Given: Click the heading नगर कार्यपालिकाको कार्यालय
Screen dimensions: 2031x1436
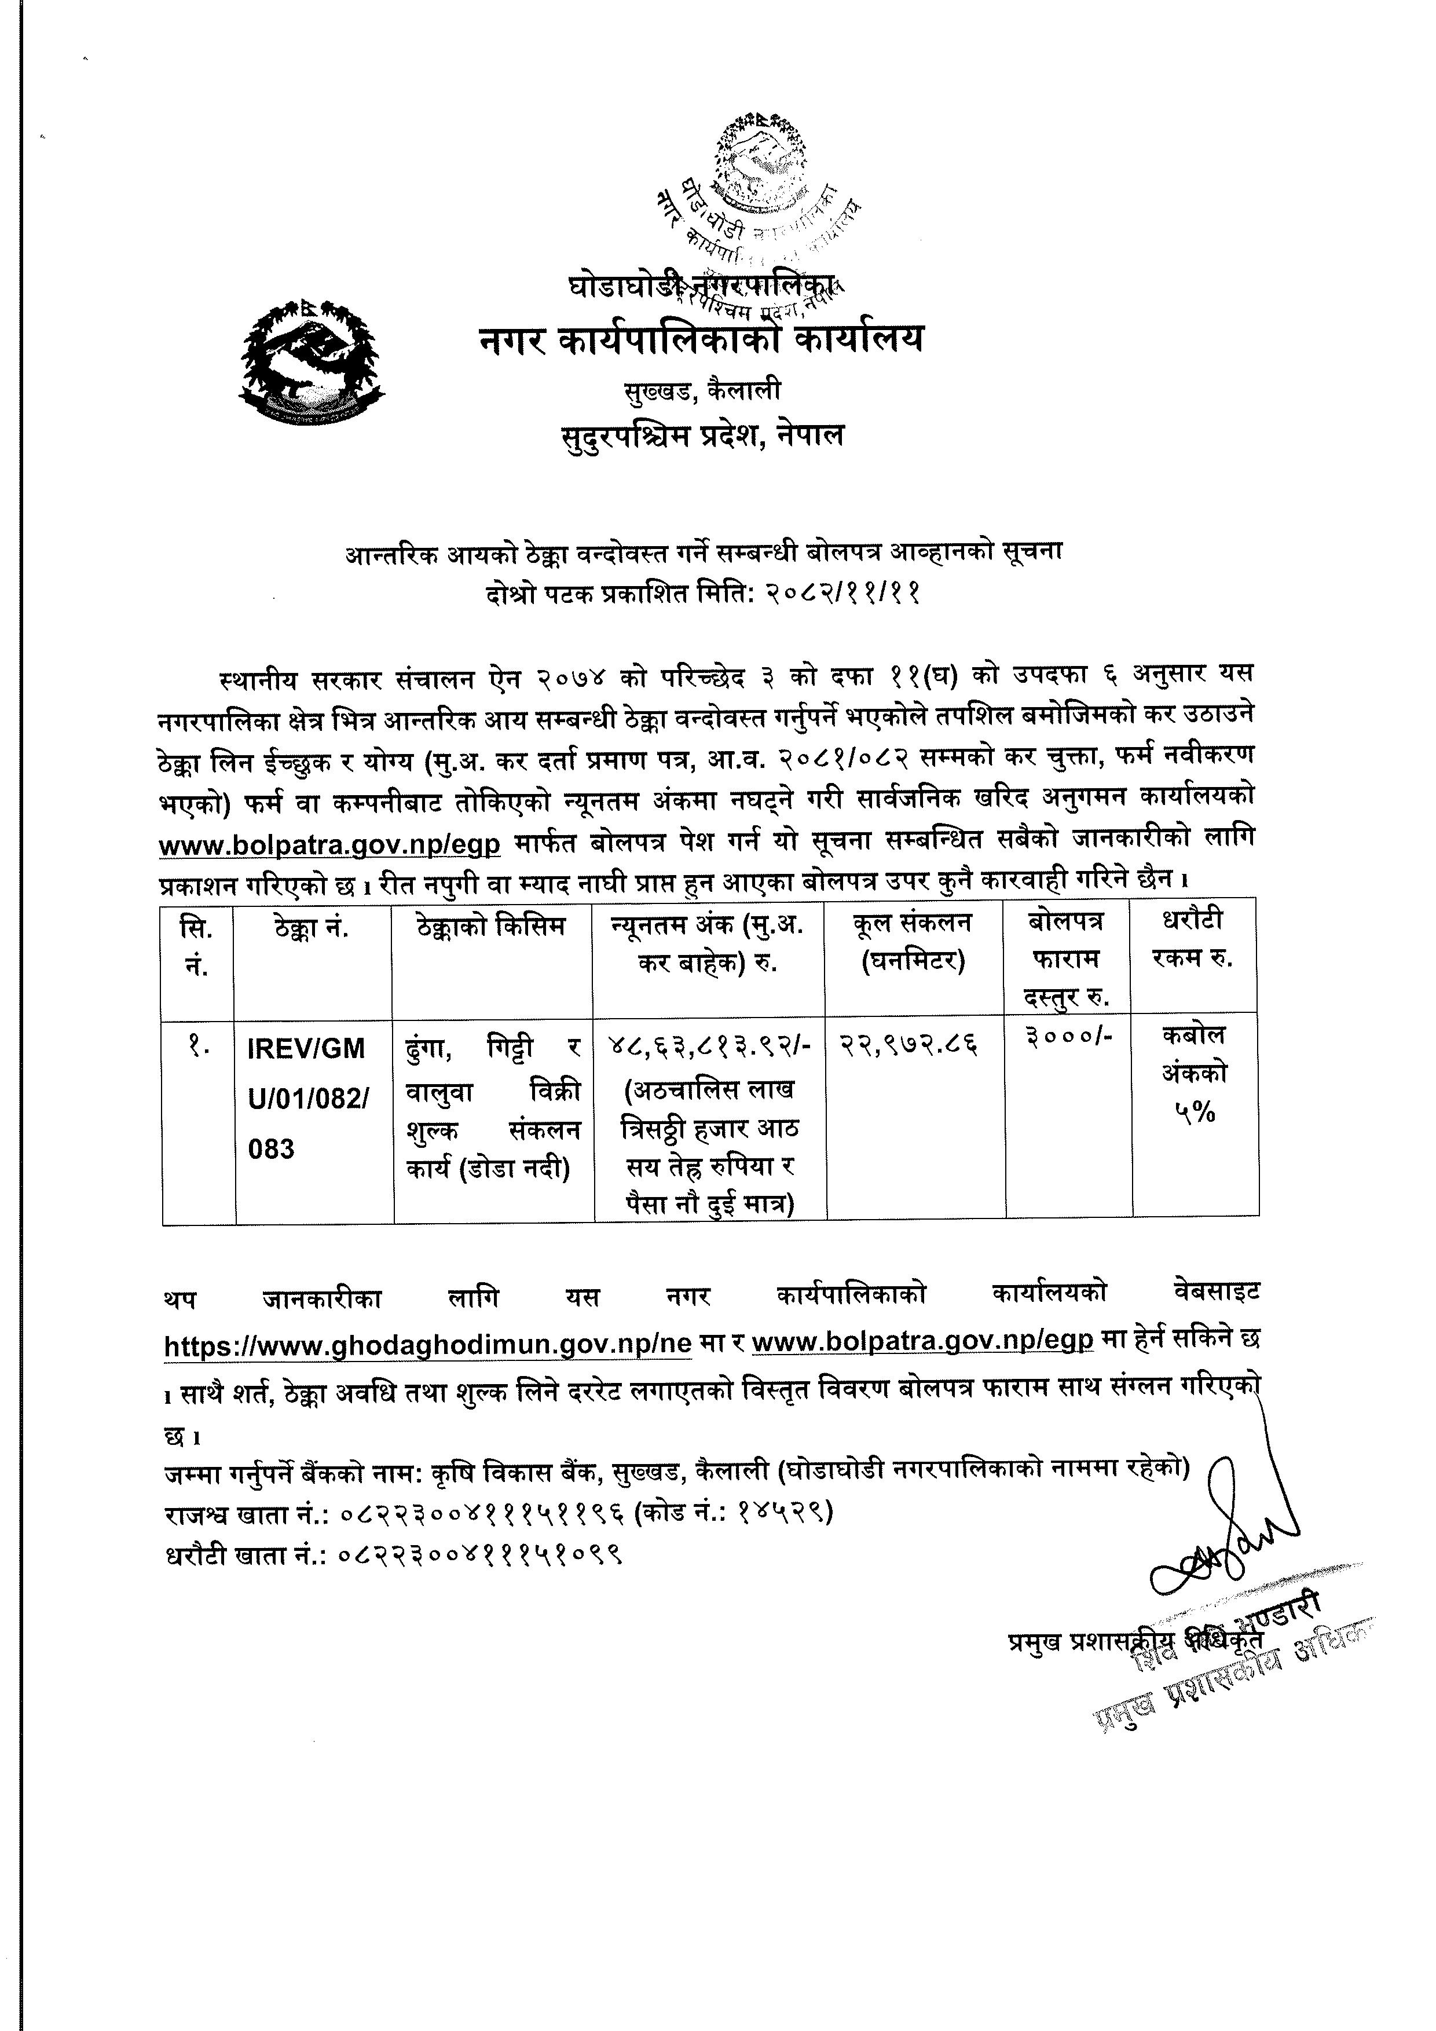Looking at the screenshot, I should (x=700, y=339).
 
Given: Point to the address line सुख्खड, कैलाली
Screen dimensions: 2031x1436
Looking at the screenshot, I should (x=698, y=390).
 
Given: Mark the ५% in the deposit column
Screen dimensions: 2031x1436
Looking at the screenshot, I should (x=1195, y=1114).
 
